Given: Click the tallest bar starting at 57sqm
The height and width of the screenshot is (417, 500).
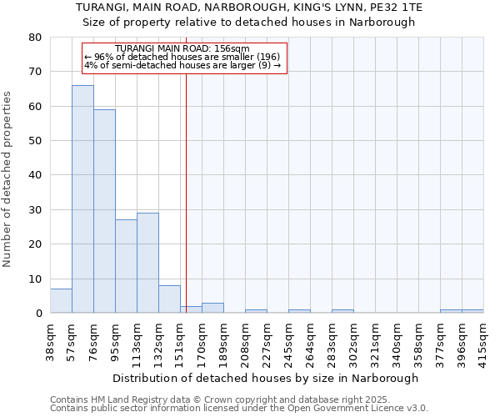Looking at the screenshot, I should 82,199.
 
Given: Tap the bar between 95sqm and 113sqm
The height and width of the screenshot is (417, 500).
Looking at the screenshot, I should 126,266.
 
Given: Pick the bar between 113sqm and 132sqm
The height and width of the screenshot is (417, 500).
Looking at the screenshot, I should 147,263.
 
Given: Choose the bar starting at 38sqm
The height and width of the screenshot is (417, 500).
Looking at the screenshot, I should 61,301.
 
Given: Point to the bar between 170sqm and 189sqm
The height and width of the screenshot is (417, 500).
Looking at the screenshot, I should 212,308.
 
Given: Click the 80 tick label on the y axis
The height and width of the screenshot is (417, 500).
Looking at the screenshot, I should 35,38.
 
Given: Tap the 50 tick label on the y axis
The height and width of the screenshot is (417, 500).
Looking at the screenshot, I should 35,141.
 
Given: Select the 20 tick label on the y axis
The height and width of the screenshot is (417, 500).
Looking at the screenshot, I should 35,244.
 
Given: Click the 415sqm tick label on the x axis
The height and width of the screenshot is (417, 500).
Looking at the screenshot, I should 484,342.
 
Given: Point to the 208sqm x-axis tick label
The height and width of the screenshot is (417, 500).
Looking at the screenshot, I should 246,342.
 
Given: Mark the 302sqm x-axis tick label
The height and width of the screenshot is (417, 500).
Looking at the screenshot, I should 354,342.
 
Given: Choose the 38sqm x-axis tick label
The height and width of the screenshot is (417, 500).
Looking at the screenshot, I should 51,342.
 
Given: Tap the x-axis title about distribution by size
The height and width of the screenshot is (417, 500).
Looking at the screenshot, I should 265,378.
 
